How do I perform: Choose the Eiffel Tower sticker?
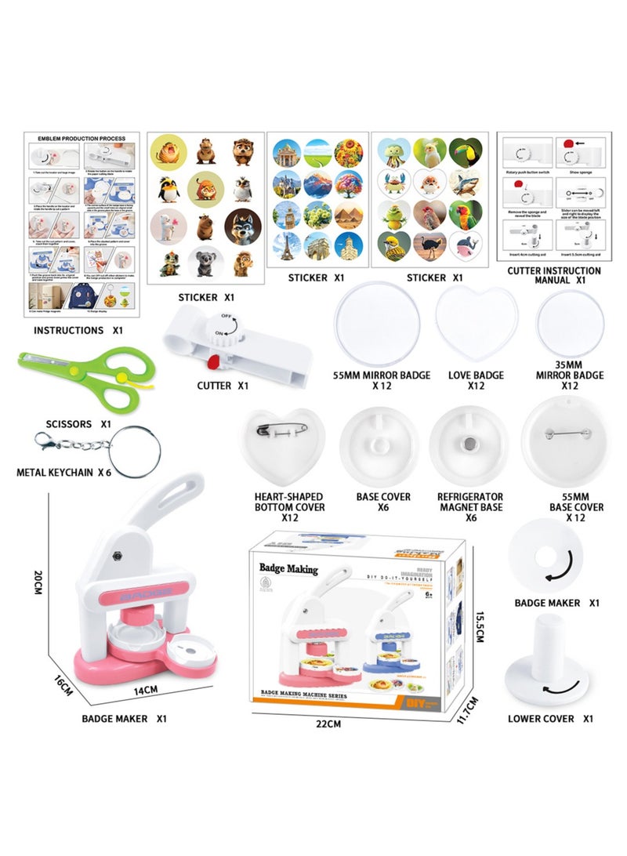pyautogui.click(x=286, y=248)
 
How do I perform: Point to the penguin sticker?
pyautogui.click(x=169, y=188)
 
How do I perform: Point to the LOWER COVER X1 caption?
pyautogui.click(x=552, y=719)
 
